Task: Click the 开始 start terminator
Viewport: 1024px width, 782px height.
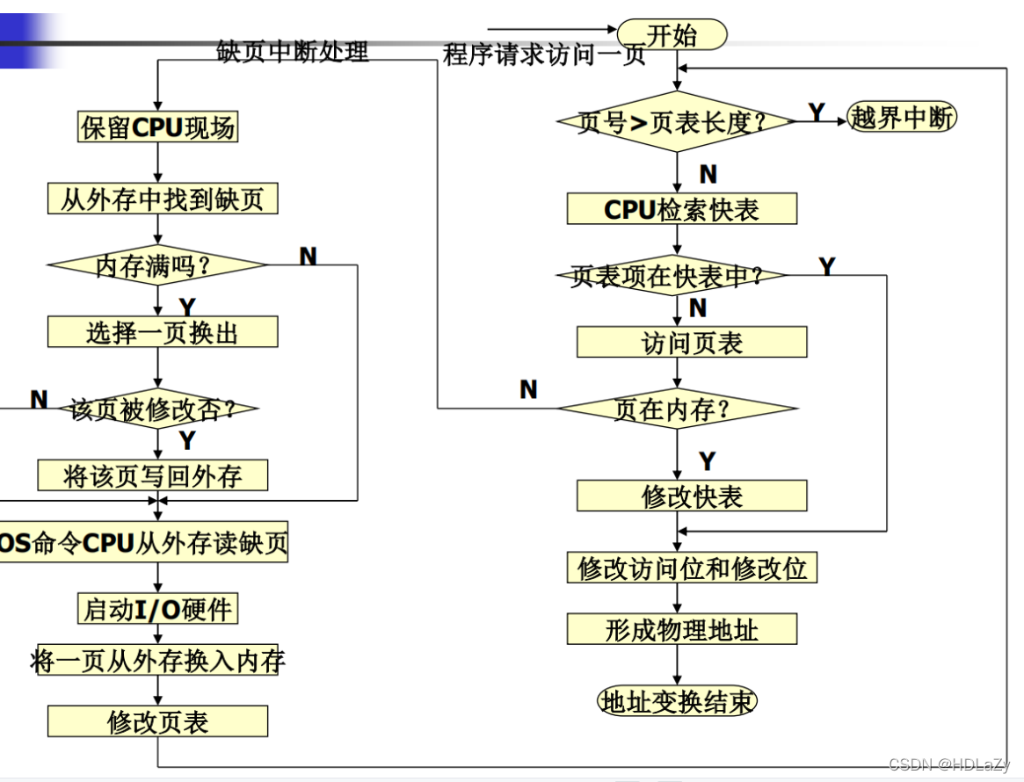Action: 672,35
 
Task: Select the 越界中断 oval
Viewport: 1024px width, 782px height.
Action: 902,118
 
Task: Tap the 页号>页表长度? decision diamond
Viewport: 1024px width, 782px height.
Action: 675,121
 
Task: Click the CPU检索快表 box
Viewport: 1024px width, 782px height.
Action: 681,209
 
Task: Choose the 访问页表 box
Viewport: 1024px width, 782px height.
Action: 692,343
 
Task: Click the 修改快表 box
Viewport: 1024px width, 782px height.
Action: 692,496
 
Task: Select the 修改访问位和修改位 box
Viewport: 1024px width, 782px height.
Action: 692,568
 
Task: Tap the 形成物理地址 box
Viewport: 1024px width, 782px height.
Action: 681,629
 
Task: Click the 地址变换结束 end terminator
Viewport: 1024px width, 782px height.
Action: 677,701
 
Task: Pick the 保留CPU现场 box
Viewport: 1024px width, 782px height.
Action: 158,127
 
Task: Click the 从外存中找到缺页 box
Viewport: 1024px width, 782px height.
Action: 163,199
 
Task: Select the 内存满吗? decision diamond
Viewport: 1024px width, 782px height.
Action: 156,264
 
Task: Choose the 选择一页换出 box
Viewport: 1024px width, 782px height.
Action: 163,332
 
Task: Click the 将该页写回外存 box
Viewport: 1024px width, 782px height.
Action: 152,476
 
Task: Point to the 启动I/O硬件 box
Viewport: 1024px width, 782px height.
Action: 158,608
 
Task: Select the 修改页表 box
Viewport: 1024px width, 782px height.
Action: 157,721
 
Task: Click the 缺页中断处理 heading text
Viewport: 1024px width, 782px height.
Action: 293,52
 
